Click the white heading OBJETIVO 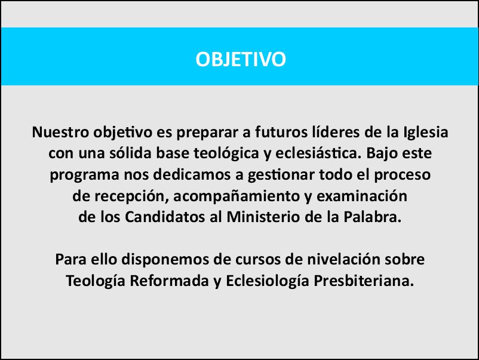tap(241, 59)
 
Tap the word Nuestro tap(60, 132)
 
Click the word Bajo tap(382, 154)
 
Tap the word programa tap(84, 176)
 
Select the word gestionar tap(281, 176)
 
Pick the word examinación tap(362, 196)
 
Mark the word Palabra tap(372, 217)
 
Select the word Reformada tap(169, 281)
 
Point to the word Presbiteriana tap(364, 281)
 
